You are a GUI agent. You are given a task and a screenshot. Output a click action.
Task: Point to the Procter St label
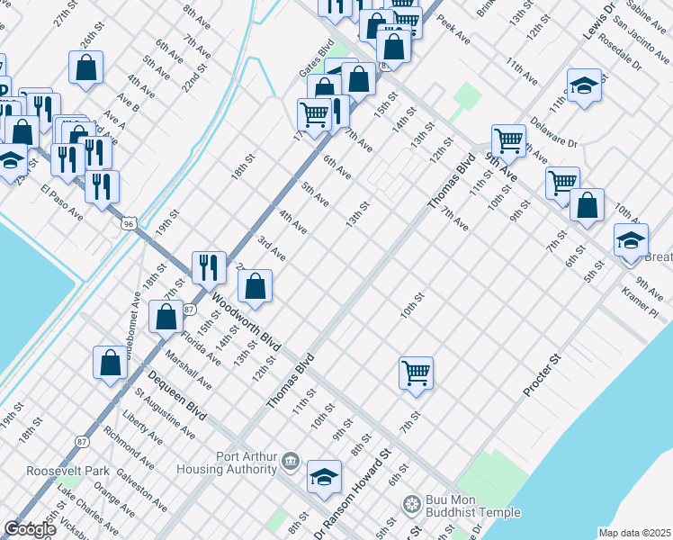[543, 376]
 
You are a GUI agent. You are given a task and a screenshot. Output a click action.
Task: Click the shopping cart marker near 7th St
[416, 373]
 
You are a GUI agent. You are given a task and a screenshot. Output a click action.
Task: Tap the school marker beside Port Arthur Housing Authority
[324, 478]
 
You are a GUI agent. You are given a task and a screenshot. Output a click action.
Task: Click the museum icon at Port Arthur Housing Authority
[290, 463]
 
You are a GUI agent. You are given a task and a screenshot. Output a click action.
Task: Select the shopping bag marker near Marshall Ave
[166, 317]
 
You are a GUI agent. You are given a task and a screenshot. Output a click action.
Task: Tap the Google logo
[31, 529]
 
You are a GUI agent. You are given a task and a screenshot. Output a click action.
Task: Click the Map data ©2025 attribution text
[634, 533]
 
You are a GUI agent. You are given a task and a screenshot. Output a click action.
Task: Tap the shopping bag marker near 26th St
[85, 67]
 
